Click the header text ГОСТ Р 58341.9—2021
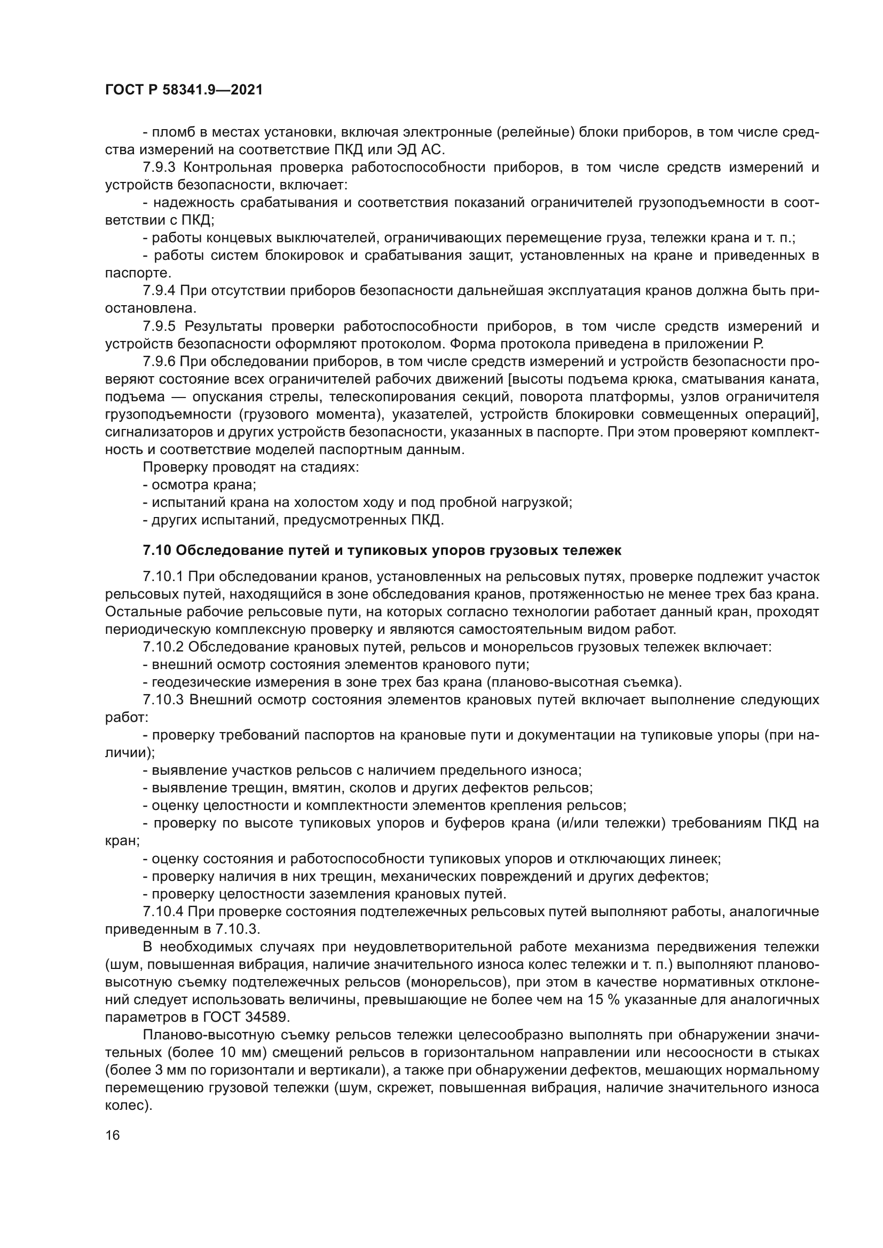(184, 90)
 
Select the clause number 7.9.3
(159, 168)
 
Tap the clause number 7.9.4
(159, 291)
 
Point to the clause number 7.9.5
(159, 326)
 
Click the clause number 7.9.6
(159, 361)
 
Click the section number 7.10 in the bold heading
(157, 551)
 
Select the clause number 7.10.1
(163, 577)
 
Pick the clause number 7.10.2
(163, 647)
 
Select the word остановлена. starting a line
(149, 309)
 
